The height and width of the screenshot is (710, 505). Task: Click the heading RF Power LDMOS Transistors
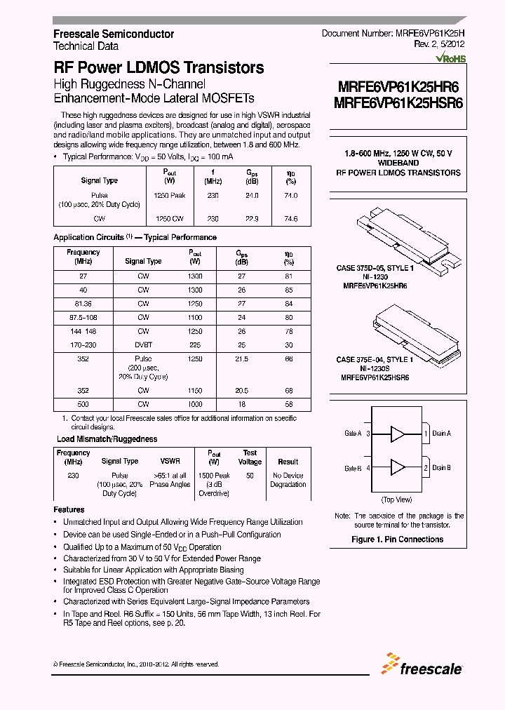coord(159,68)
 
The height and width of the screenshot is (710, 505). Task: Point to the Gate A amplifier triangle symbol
coord(397,434)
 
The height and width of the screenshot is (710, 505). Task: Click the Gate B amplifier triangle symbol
coord(397,467)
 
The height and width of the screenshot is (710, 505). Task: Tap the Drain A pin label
coord(441,434)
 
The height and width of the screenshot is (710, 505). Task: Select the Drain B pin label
coord(441,467)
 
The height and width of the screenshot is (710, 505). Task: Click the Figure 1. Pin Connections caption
coord(397,540)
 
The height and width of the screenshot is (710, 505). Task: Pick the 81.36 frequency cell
coord(83,304)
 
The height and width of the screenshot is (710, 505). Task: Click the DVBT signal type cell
coord(143,345)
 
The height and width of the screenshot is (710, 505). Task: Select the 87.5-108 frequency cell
coord(83,317)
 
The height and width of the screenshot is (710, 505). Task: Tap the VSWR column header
coord(170,462)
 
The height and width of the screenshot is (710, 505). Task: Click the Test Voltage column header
coord(250,457)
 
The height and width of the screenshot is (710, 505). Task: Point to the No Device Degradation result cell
coord(288,480)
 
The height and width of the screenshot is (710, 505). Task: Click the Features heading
coord(69,509)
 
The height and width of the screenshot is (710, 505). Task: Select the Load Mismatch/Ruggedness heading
coord(107,439)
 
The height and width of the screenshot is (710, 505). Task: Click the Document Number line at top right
coord(393,34)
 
